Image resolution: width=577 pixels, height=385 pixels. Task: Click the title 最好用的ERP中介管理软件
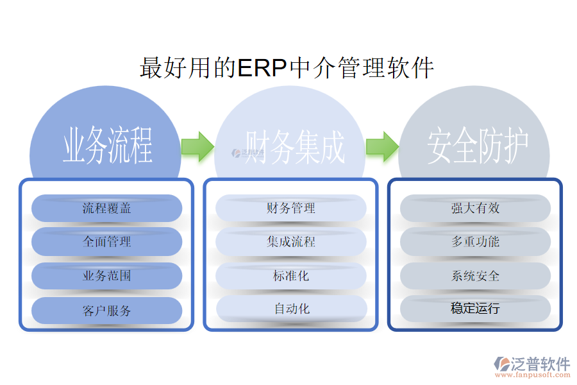(287, 68)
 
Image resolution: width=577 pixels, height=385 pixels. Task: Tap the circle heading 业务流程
(107, 146)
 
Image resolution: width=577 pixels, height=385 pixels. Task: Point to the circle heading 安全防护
(478, 147)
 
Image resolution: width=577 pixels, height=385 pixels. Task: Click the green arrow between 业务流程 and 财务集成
(197, 146)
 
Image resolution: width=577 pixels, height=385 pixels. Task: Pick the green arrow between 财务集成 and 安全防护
(382, 146)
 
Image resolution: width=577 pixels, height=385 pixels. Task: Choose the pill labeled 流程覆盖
(107, 209)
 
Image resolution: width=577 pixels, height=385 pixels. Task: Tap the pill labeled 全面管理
(107, 242)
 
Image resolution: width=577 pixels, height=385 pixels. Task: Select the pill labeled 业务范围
(107, 276)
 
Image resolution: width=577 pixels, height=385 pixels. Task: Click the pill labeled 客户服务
(107, 311)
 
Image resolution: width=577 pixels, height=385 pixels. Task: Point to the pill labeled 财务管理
(291, 209)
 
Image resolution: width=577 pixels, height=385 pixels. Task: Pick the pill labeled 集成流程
(291, 242)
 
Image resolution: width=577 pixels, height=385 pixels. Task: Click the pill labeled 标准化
(291, 276)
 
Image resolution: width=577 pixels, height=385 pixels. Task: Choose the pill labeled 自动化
(291, 309)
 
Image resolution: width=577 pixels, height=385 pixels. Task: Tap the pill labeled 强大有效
(475, 209)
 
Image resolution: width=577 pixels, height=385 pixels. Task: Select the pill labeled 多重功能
(475, 242)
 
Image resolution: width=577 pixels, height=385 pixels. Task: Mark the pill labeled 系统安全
(475, 276)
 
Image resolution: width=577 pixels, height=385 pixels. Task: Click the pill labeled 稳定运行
(475, 309)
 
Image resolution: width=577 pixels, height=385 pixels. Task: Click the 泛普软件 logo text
(540, 364)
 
